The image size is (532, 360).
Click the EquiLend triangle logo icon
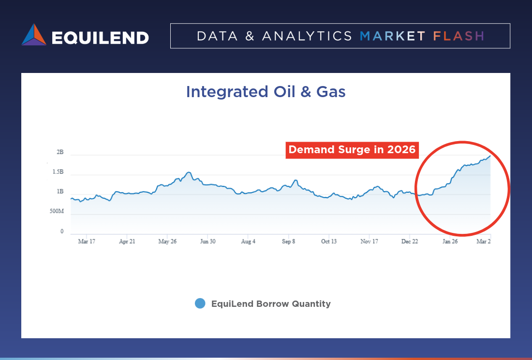point(34,35)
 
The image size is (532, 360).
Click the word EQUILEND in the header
point(100,38)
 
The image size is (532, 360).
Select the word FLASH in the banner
point(458,36)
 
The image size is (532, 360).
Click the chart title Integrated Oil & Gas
point(266,91)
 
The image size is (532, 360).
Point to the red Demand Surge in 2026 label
point(352,150)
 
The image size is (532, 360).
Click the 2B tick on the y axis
point(60,152)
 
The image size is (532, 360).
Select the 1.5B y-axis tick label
point(58,172)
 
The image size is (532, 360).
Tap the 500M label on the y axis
point(57,211)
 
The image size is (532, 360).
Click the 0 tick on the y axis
point(62,231)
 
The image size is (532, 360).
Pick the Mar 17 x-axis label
point(87,241)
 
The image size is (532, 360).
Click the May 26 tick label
point(167,241)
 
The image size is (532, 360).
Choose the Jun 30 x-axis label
point(207,241)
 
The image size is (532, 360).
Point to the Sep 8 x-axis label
point(288,241)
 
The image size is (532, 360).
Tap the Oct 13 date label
point(329,241)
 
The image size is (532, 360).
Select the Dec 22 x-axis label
point(410,241)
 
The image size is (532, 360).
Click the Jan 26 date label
point(450,241)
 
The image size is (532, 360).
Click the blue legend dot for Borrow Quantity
point(200,303)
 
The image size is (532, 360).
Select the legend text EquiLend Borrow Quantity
point(271,304)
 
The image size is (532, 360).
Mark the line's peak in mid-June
point(189,172)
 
